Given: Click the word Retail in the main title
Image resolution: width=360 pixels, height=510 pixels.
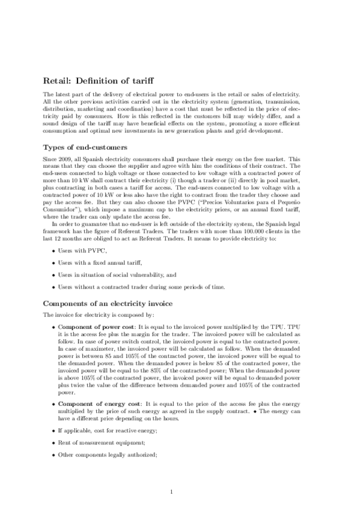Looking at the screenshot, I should coord(58,81).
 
